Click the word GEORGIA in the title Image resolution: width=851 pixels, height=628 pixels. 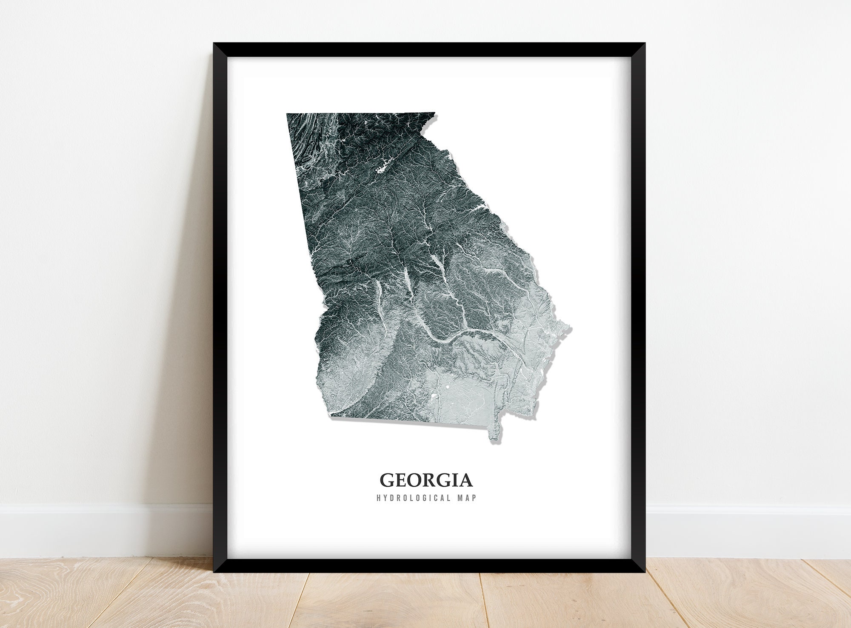coord(426,480)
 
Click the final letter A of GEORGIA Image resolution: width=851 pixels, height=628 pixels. coord(465,480)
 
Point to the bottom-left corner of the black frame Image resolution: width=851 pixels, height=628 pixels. coord(214,572)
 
